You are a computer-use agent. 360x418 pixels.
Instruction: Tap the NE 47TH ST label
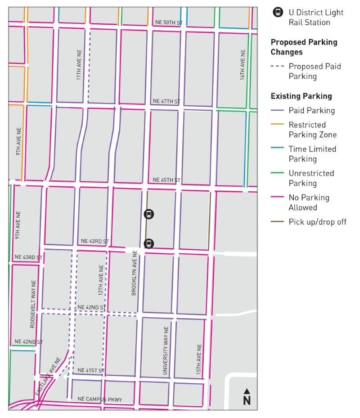(166, 101)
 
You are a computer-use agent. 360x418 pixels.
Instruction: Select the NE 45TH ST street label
(166, 180)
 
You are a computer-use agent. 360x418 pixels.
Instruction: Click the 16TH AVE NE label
(243, 65)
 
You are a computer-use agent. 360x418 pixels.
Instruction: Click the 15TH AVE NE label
(198, 360)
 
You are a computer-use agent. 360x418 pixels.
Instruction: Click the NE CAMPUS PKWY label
(99, 399)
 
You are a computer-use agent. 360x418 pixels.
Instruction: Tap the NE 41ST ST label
(91, 370)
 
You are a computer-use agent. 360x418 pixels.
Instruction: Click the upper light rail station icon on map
(149, 214)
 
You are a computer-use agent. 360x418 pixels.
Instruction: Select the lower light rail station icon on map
(148, 244)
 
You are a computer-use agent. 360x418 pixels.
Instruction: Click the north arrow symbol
(246, 396)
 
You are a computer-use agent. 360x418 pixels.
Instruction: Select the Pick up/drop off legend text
(318, 222)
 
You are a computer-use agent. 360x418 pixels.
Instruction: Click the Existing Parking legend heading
(301, 96)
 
